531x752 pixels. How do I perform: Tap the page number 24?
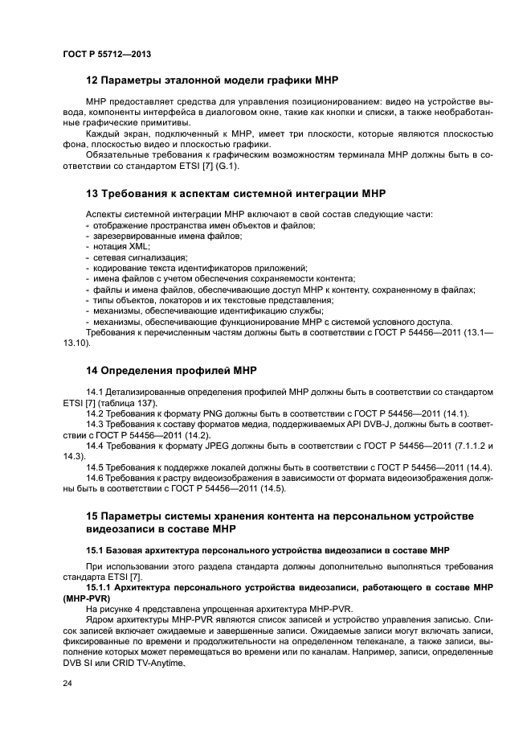[x=67, y=683]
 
